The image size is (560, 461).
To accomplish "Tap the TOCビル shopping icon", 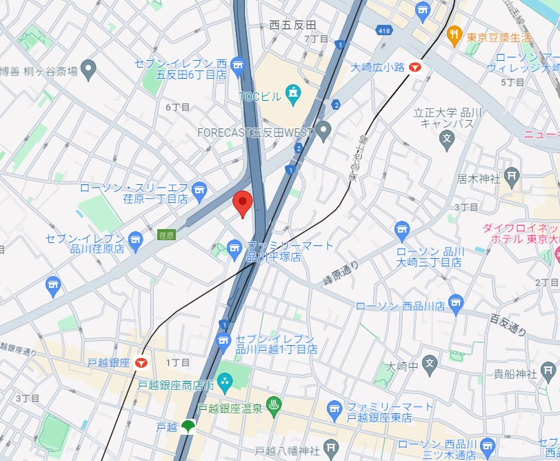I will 293,92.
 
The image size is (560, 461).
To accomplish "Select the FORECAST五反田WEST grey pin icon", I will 324,129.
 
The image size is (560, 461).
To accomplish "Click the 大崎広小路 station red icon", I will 415,67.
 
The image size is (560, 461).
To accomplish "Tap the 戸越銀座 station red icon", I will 142,362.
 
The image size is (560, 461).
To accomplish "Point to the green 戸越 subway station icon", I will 188,427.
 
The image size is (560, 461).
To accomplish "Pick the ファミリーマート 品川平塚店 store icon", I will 234,247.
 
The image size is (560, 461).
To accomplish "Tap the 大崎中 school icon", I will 430,362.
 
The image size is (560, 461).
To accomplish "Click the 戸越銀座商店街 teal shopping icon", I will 225,381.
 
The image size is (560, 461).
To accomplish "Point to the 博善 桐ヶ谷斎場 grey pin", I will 88,68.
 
